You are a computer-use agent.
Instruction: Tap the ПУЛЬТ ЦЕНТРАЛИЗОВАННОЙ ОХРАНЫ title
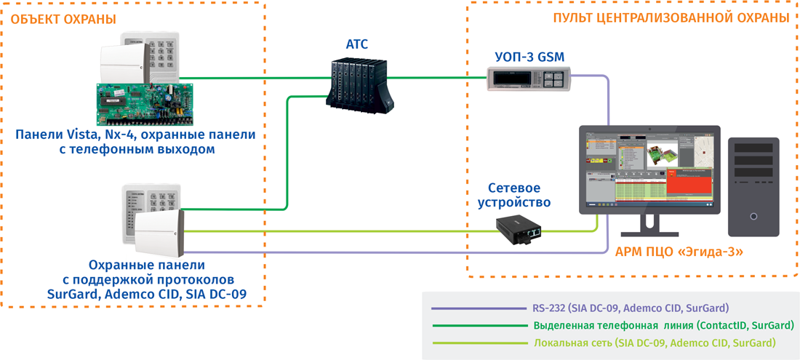(670, 17)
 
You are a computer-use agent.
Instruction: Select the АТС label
(356, 44)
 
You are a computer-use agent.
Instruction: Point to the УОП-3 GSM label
(529, 57)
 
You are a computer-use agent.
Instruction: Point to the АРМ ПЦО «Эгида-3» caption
(669, 252)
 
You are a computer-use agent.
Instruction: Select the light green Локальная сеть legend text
(655, 343)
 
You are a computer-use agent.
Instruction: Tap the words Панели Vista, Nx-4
(73, 135)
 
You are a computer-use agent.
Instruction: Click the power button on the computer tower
(753, 217)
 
